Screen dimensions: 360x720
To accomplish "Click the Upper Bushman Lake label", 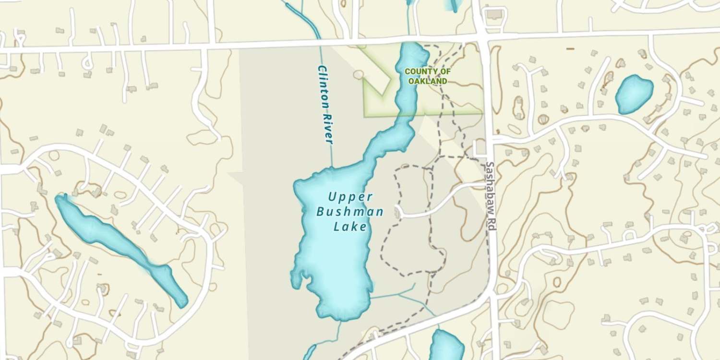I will click(350, 212).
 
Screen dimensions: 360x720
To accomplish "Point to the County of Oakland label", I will click(428, 76).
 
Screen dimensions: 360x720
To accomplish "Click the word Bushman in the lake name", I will click(350, 212).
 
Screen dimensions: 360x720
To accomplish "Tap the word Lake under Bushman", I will click(350, 227).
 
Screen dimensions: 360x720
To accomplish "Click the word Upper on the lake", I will click(350, 196).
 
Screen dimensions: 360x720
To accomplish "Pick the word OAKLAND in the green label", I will click(428, 82).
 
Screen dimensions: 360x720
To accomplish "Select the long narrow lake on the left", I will click(120, 247).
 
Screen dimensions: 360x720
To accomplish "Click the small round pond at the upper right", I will click(634, 94).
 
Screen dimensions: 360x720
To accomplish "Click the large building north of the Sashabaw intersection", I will click(493, 14).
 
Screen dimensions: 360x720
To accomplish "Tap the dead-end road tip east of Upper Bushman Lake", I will click(398, 211).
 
